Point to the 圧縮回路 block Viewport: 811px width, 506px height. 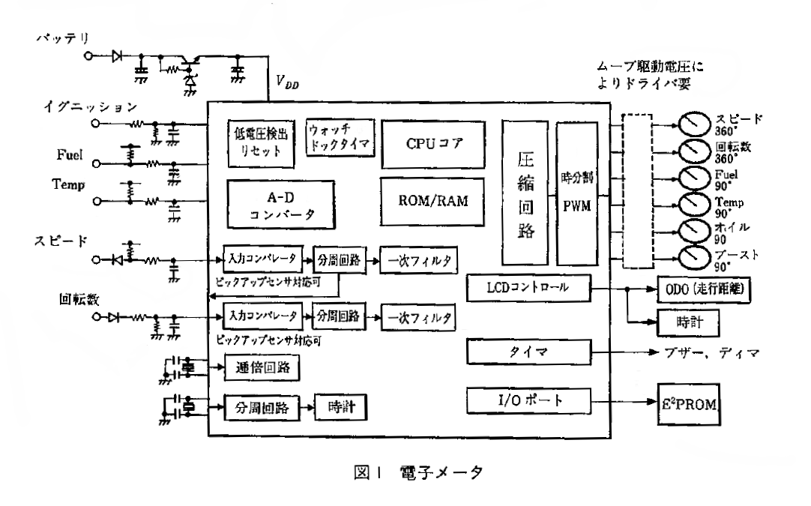525,193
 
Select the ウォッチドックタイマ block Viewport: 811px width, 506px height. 339,136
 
